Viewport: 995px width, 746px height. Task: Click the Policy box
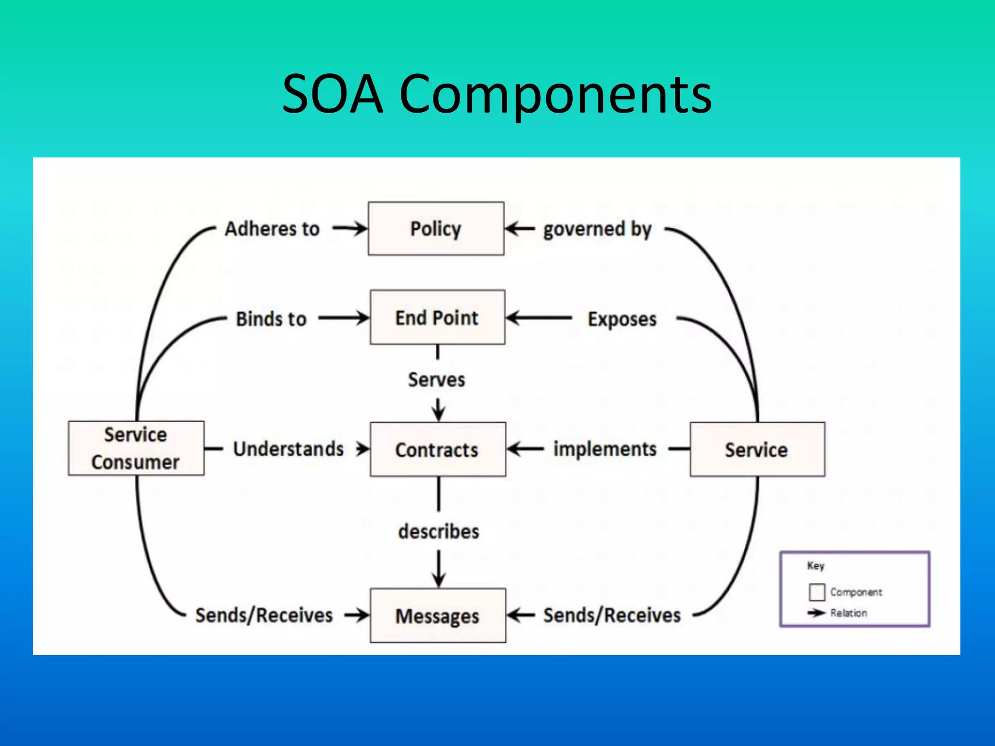tap(436, 228)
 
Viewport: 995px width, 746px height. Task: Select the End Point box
tap(437, 318)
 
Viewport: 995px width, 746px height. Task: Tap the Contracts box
tap(438, 449)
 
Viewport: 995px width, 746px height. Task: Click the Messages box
tap(438, 615)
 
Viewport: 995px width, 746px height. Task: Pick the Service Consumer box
tap(136, 448)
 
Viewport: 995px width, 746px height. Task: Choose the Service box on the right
tap(757, 449)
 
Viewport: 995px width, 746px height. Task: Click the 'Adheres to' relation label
tap(272, 229)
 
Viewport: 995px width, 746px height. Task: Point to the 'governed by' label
tap(597, 229)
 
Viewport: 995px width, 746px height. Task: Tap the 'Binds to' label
tap(271, 319)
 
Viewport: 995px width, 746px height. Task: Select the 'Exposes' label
tap(622, 319)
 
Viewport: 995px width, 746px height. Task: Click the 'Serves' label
tap(436, 379)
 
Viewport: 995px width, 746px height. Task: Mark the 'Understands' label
tap(289, 449)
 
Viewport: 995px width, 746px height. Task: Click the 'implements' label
tap(605, 449)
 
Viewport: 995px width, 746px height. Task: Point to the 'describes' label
tap(438, 531)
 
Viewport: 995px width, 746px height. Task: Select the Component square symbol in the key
tap(817, 592)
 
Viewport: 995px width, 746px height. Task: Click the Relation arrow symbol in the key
tap(817, 613)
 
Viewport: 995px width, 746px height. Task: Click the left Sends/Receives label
tap(264, 615)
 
